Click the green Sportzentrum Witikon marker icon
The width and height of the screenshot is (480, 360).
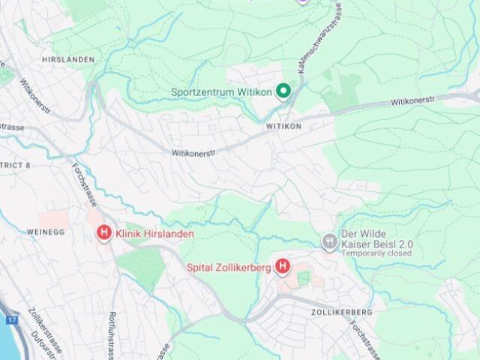(283, 91)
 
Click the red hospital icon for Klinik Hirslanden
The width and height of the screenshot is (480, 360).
(104, 234)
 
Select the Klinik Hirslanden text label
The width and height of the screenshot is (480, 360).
(154, 234)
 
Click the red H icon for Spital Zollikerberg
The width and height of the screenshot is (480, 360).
(283, 265)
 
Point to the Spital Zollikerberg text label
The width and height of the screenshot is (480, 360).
(229, 266)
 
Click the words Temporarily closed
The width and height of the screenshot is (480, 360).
(377, 254)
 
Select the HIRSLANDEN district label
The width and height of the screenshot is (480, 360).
(68, 59)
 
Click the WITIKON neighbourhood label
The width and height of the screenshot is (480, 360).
(283, 127)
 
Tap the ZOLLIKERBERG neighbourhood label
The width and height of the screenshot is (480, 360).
(341, 311)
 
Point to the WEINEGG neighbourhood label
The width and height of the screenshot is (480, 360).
(46, 232)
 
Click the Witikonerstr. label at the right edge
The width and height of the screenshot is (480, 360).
(412, 100)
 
